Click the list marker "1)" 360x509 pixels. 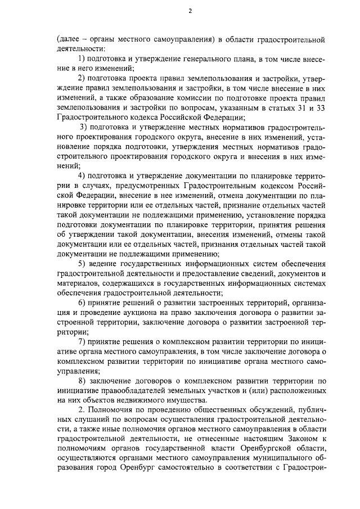[82, 59]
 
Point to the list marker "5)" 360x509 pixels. [82, 264]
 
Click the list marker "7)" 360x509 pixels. [82, 341]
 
